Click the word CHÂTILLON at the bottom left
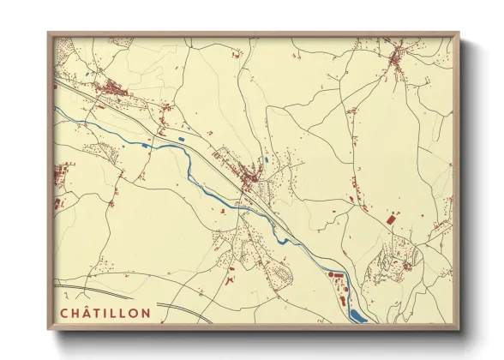[105, 313]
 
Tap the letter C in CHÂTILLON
[63, 313]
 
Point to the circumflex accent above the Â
[86, 308]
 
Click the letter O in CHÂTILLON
[134, 313]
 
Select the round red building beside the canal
[329, 274]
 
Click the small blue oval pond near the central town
[267, 160]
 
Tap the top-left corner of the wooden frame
[48, 34]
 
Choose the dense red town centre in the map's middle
[250, 177]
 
